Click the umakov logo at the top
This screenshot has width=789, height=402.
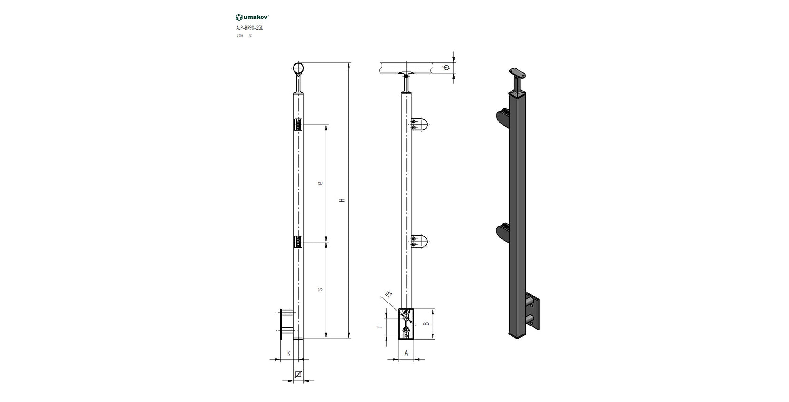tap(252, 17)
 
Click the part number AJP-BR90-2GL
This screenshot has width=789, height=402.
tap(249, 28)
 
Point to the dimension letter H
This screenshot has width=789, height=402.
tap(343, 200)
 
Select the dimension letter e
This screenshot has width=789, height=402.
tap(320, 183)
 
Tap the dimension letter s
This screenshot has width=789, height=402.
tap(320, 289)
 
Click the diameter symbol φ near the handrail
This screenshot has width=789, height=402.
tap(446, 68)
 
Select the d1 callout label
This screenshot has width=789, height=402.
tap(388, 295)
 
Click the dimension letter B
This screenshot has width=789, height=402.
tap(426, 324)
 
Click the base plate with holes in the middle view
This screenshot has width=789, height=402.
tap(406, 324)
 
